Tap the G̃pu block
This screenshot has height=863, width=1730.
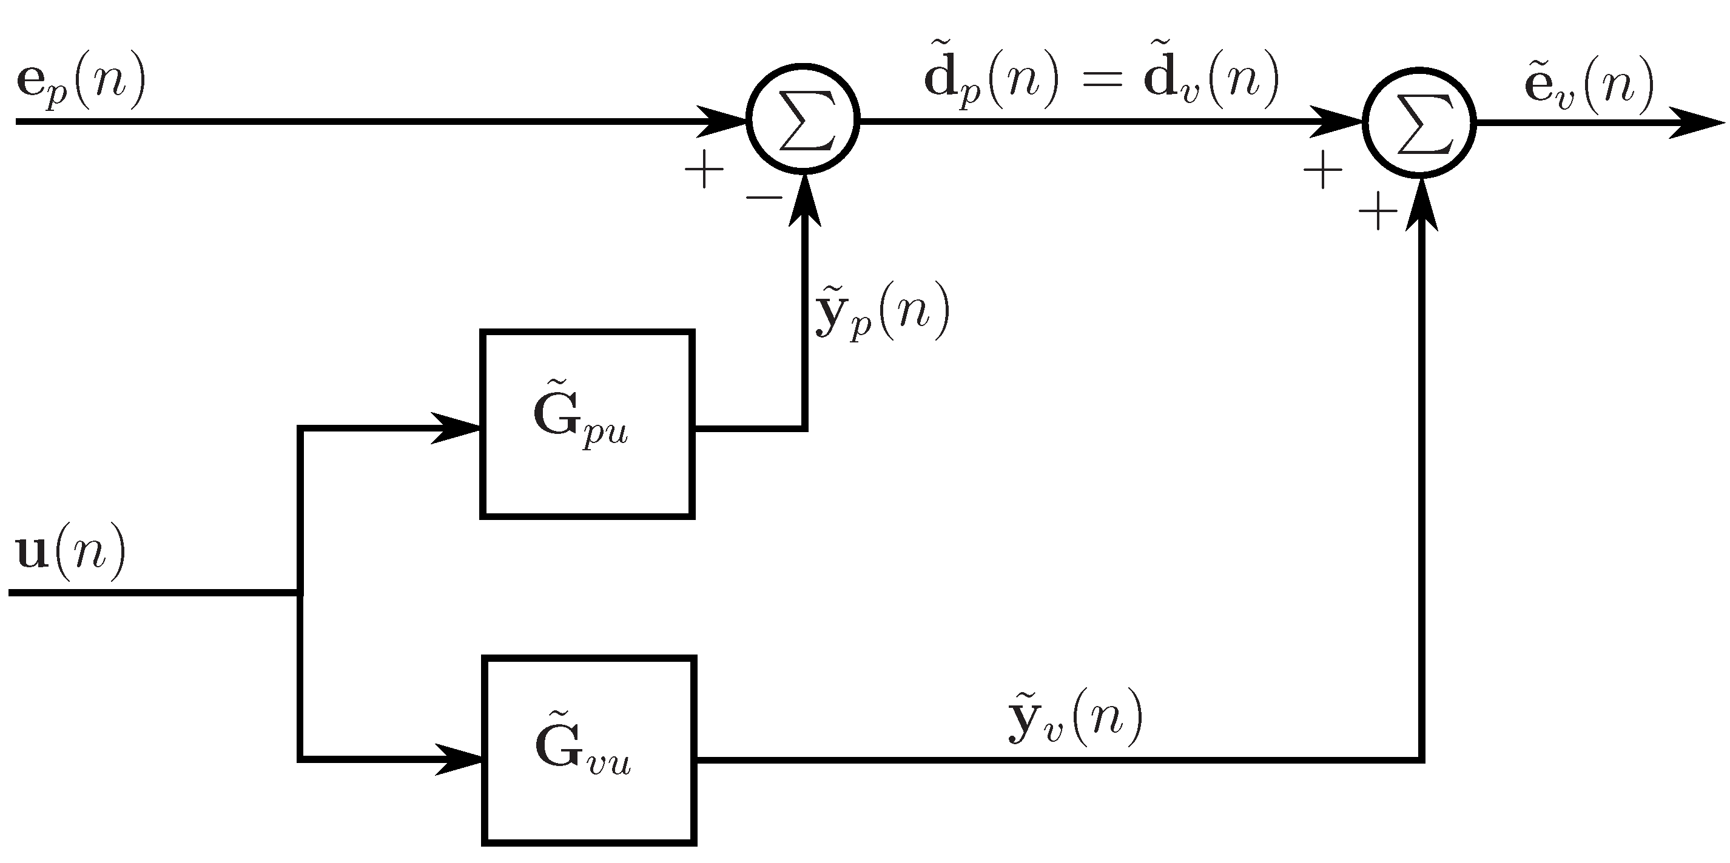587,424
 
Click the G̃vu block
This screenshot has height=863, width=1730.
589,750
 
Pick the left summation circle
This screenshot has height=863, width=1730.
803,121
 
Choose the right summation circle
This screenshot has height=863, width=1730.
1419,123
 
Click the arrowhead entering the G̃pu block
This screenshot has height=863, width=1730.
457,428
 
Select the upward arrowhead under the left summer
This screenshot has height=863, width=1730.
804,201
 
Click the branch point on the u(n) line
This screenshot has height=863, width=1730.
300,593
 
